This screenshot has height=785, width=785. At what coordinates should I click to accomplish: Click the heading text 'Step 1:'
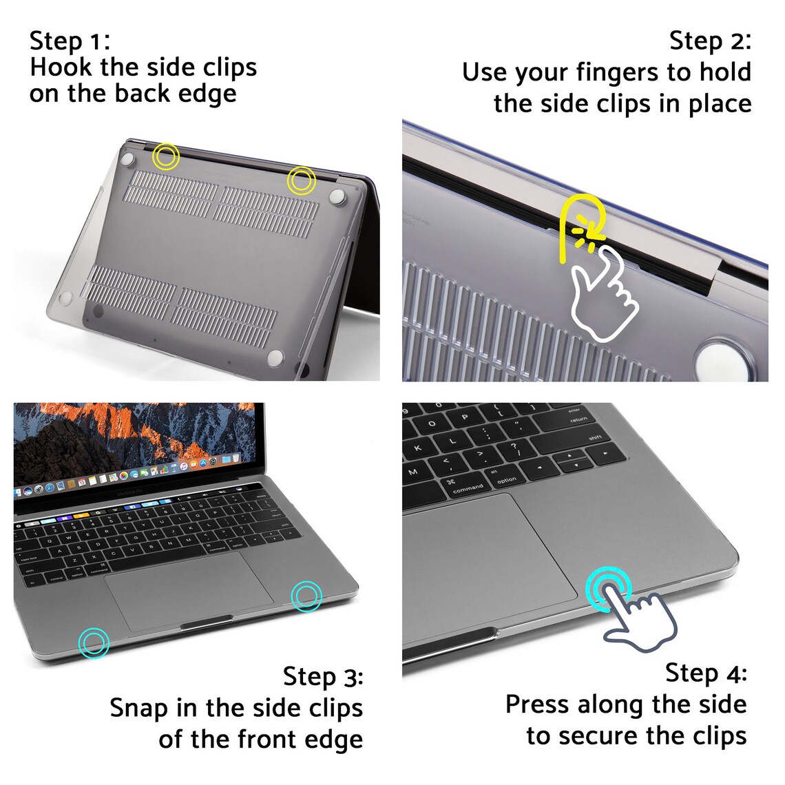[70, 41]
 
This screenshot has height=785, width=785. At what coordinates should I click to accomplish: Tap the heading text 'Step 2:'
[710, 41]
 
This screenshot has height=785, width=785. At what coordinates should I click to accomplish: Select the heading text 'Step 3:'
[323, 676]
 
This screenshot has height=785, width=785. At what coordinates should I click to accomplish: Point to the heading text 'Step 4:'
[706, 673]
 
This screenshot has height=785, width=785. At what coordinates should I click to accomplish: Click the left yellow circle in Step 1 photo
[165, 156]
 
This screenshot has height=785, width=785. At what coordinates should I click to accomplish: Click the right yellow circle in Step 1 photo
[301, 180]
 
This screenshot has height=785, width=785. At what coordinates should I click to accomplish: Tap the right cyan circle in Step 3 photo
[306, 596]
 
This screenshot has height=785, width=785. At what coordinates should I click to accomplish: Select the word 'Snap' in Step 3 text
[140, 708]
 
